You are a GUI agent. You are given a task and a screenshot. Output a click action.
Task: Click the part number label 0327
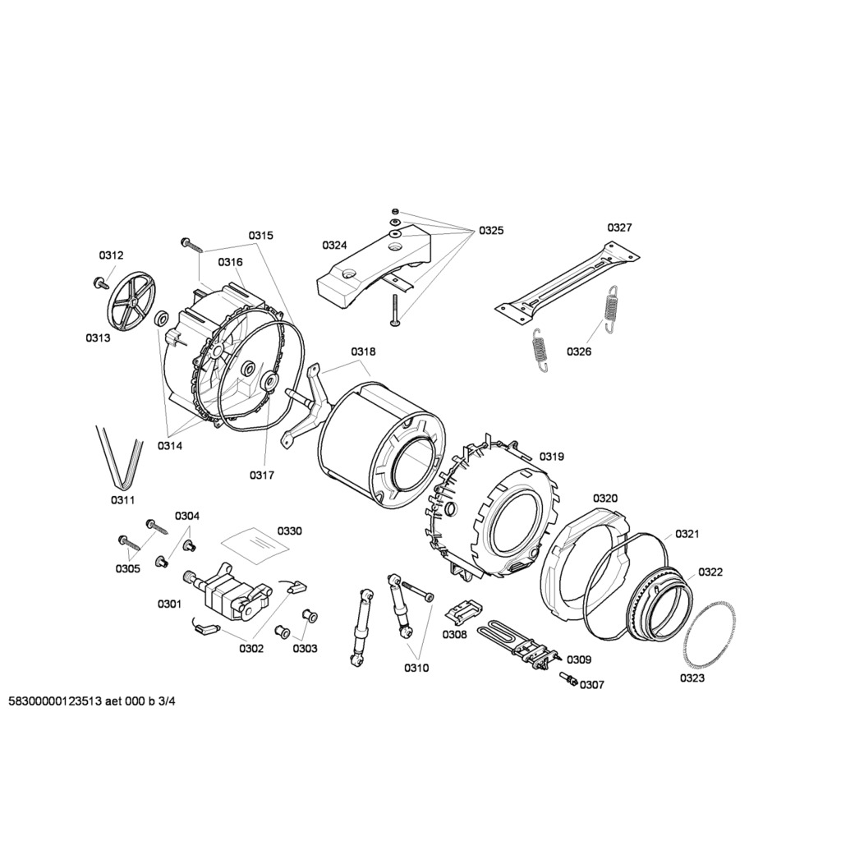click(619, 227)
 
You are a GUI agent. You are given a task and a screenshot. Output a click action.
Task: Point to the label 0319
click(552, 457)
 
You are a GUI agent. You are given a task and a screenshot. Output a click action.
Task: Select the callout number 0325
click(491, 231)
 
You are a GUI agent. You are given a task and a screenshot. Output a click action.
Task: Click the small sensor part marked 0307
click(568, 679)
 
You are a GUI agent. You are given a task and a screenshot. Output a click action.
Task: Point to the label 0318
click(363, 352)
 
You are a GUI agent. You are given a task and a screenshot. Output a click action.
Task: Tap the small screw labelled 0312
click(99, 283)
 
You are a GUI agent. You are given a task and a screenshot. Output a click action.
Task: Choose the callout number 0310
click(416, 668)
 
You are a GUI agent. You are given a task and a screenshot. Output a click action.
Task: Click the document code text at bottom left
click(92, 701)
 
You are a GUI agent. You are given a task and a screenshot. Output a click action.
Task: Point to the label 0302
click(251, 649)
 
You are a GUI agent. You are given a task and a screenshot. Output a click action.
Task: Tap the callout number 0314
click(169, 446)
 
